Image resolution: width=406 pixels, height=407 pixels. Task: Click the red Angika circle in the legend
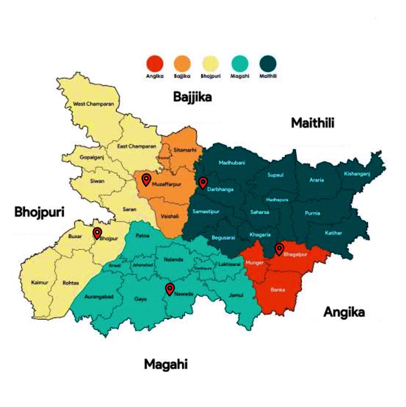click(155, 64)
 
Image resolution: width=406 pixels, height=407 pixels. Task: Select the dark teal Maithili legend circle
click(268, 64)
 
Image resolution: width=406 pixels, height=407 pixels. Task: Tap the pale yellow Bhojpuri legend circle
click(210, 64)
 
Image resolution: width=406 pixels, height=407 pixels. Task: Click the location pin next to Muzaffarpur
click(146, 180)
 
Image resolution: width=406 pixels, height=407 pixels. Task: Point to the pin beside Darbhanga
click(203, 183)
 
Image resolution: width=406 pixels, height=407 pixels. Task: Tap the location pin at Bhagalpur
click(279, 249)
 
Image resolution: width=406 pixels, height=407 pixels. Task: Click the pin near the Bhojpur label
click(97, 233)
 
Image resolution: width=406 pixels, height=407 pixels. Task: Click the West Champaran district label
click(94, 104)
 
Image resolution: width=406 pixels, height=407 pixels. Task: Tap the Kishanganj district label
click(357, 174)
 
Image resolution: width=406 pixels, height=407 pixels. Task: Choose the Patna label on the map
click(142, 235)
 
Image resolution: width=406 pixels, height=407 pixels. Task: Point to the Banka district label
click(278, 290)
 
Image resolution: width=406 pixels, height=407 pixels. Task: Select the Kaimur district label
click(40, 282)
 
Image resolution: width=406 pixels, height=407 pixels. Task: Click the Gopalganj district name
click(92, 157)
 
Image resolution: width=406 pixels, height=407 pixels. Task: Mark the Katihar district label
click(333, 233)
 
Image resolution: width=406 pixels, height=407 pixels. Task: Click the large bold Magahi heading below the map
click(166, 365)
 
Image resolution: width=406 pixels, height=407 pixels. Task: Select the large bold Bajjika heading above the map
click(192, 97)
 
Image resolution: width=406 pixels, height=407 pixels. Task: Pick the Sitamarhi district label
click(185, 150)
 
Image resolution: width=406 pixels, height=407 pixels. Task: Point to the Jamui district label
click(236, 295)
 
